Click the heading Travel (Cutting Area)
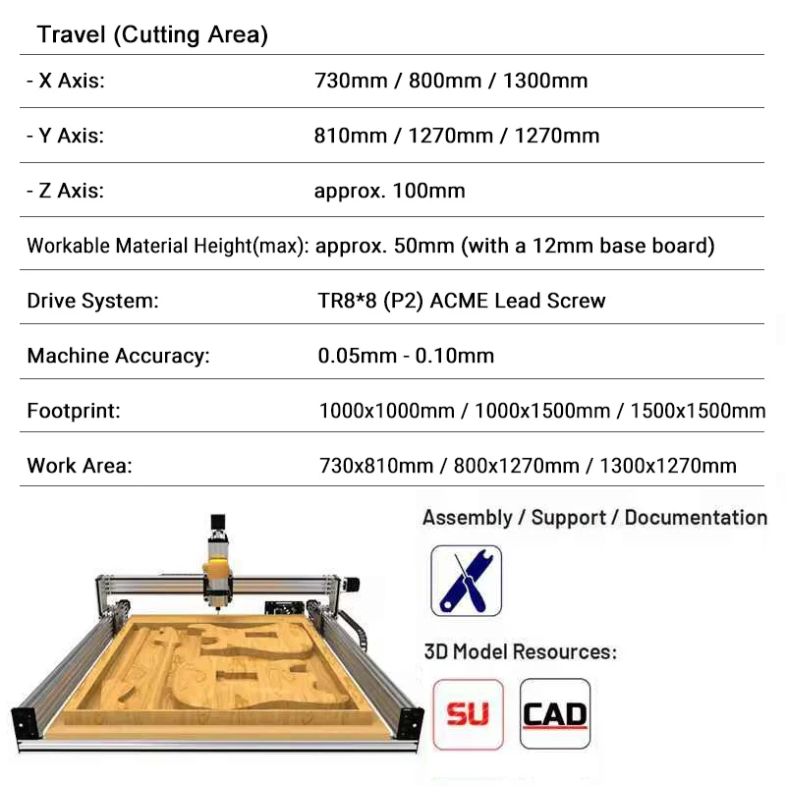pyautogui.click(x=152, y=35)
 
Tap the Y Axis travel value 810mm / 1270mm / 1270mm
pyautogui.click(x=456, y=136)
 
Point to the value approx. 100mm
pyautogui.click(x=389, y=191)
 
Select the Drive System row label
pyautogui.click(x=92, y=301)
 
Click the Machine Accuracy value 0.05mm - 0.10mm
pyautogui.click(x=406, y=356)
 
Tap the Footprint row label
pyautogui.click(x=74, y=411)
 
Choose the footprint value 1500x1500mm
pyautogui.click(x=698, y=411)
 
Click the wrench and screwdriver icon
pyautogui.click(x=467, y=581)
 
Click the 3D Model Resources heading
pyautogui.click(x=520, y=651)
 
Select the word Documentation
pyautogui.click(x=696, y=518)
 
